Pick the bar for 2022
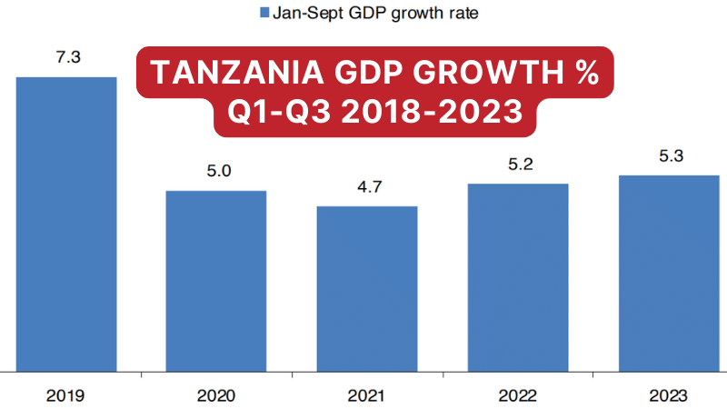[517, 276]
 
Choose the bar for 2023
[668, 272]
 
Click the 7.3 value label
[67, 57]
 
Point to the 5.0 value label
[215, 171]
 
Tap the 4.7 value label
[366, 186]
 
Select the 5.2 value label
[517, 165]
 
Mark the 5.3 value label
[668, 155]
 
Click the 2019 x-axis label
[66, 395]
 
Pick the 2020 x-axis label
[215, 395]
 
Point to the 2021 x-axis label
[366, 395]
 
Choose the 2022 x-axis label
[517, 395]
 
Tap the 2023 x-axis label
[668, 395]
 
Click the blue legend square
[265, 13]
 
